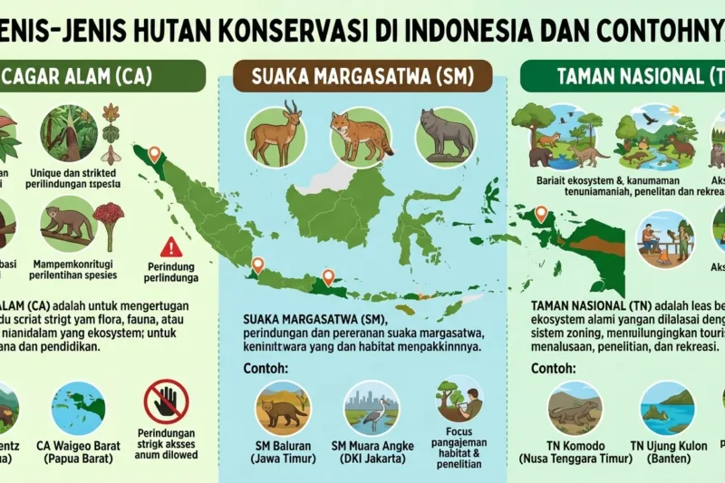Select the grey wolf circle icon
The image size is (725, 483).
(x=445, y=137)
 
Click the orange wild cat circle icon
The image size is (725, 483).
(x=361, y=137)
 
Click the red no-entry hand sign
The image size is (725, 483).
(x=167, y=401)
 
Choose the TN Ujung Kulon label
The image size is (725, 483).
(x=669, y=453)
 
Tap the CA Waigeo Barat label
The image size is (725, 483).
(x=77, y=453)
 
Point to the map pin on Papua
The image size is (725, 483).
(x=541, y=214)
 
